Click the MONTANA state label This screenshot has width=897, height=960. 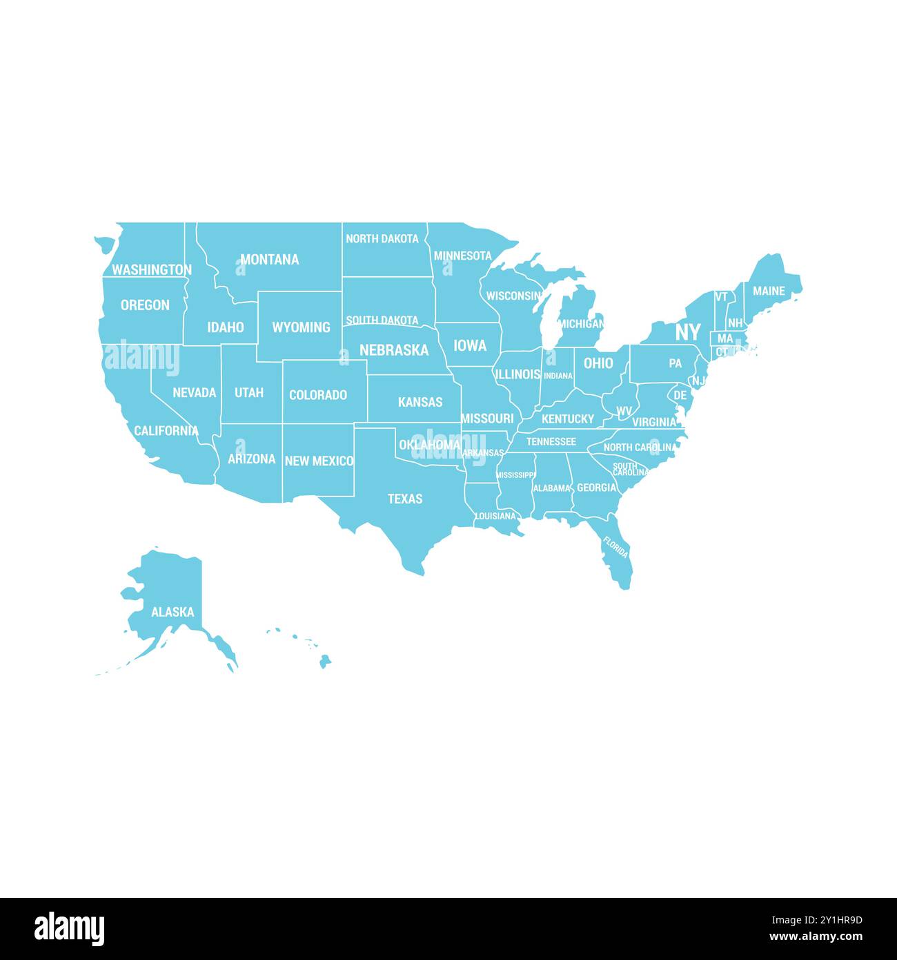pos(269,260)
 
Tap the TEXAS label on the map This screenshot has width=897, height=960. pos(405,499)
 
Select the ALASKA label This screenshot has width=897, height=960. pos(172,612)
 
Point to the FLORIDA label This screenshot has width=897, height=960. pos(615,548)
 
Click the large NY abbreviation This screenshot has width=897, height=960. pos(687,332)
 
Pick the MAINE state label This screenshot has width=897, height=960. pos(769,291)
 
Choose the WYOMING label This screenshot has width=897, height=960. pos(301,327)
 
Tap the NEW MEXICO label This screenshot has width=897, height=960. pos(319,461)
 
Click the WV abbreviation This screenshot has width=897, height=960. pos(624,412)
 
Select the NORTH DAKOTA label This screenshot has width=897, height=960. pos(382,239)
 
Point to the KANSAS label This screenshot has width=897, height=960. pos(420,402)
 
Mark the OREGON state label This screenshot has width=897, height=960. pos(145,305)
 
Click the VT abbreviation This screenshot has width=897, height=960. pos(722,297)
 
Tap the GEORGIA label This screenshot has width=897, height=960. pos(597,488)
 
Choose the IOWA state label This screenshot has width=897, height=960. pos(470,345)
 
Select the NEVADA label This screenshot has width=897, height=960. pos(195,392)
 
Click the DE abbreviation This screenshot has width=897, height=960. pos(680,396)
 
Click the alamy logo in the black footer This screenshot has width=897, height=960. pos(70,929)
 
